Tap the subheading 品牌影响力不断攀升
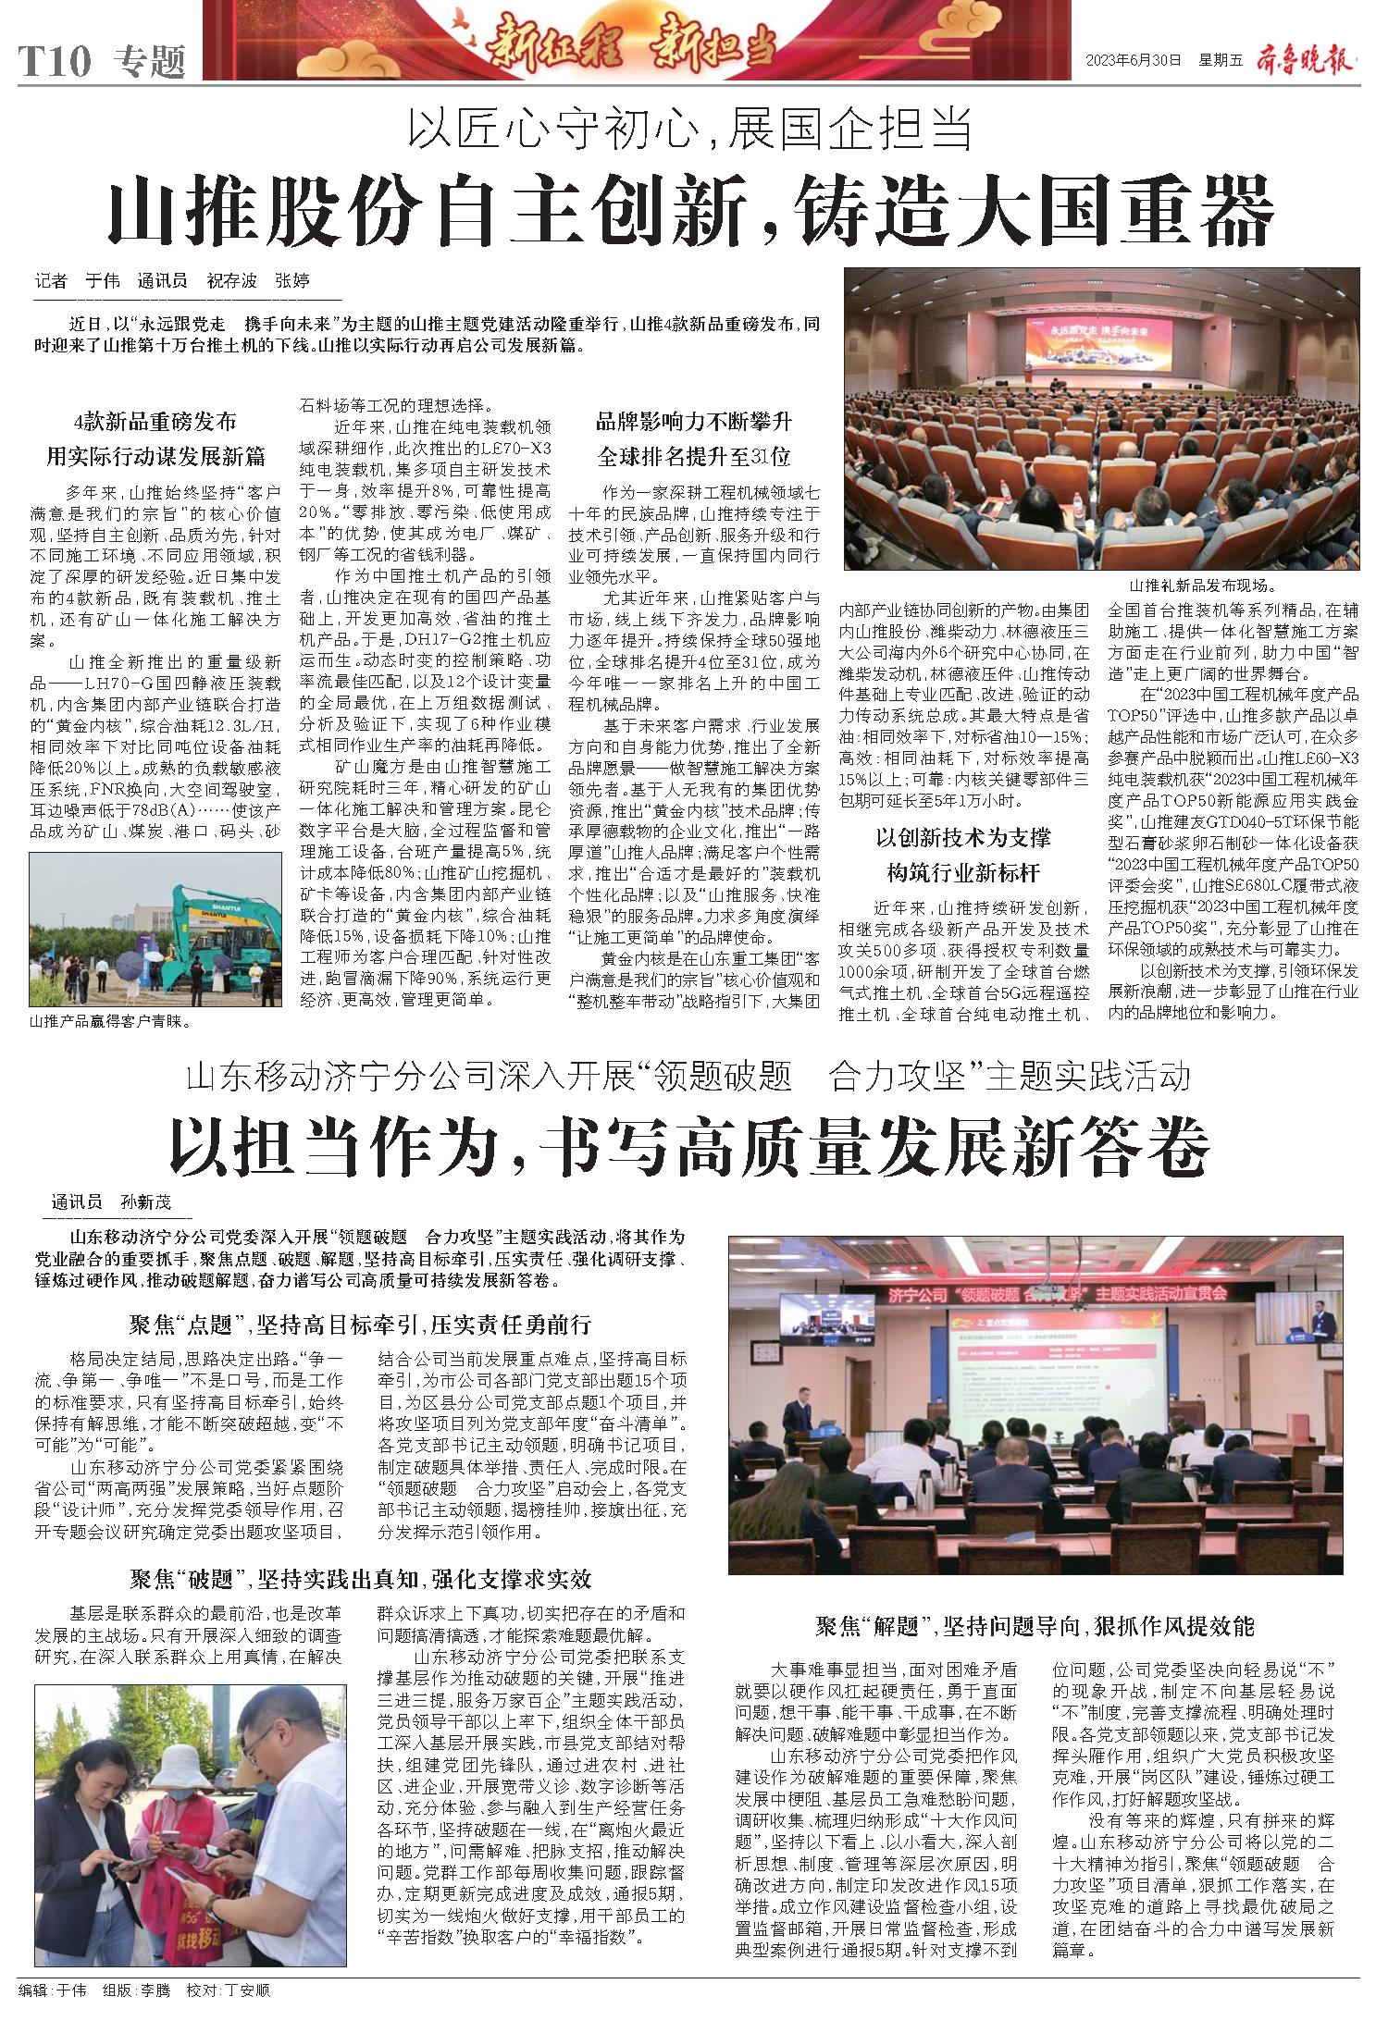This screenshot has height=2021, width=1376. [x=694, y=423]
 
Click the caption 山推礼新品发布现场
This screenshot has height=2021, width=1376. [x=1201, y=585]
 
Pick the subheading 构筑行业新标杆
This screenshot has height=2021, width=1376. [x=963, y=872]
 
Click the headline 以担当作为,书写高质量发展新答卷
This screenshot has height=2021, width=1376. [x=688, y=1147]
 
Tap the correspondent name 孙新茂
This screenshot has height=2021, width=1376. [x=146, y=1203]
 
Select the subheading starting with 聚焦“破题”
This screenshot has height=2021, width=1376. [x=360, y=1578]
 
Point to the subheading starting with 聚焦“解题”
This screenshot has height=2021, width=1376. [x=1035, y=1626]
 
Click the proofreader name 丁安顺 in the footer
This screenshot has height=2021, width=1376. [x=242, y=1989]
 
